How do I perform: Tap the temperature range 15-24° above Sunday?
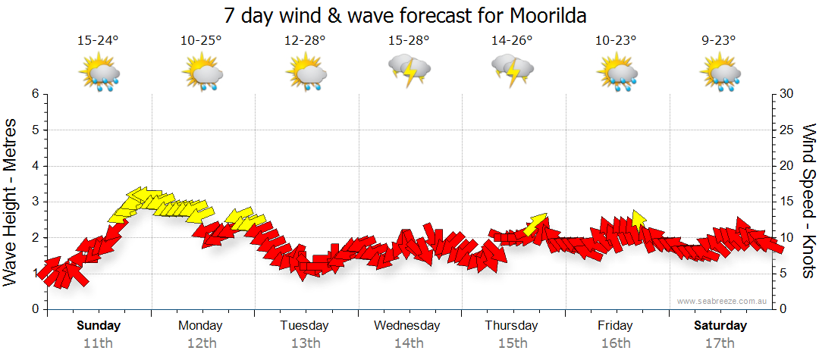tap(99, 41)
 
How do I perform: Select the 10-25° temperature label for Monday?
tap(201, 41)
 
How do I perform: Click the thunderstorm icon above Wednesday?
tap(409, 70)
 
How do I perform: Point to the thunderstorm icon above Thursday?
tap(513, 70)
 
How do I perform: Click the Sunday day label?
tap(99, 326)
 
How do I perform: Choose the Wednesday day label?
tap(406, 326)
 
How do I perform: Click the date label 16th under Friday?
tap(616, 343)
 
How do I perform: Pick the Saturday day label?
tap(720, 326)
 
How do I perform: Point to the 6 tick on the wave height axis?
tap(35, 94)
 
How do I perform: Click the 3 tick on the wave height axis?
tap(35, 202)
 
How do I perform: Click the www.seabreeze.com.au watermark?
tap(723, 301)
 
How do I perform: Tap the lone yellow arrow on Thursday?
tap(536, 223)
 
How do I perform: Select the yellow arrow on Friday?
tap(638, 220)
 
